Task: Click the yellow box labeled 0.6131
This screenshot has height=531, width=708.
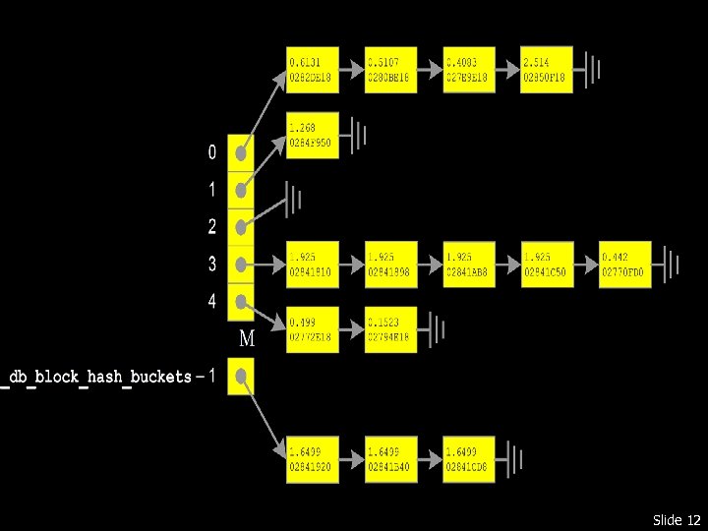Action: click(313, 70)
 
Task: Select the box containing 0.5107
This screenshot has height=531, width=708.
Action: click(391, 70)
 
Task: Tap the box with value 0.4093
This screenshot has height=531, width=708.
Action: click(469, 70)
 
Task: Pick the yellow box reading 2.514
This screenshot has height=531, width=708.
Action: click(547, 70)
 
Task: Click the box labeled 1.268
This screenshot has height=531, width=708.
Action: click(313, 136)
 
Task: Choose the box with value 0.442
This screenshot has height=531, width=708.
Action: click(625, 265)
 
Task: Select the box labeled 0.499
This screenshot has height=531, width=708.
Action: click(313, 330)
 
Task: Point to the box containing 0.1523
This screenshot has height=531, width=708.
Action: click(391, 330)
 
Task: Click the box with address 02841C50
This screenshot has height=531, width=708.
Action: click(547, 265)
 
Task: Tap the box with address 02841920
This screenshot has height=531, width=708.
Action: click(313, 459)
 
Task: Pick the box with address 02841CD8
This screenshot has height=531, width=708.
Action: click(469, 459)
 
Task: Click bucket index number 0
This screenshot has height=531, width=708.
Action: click(212, 152)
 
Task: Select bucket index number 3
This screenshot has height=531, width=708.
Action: click(212, 264)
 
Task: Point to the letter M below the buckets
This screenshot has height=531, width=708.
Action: click(247, 340)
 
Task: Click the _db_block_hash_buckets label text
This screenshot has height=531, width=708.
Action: click(98, 377)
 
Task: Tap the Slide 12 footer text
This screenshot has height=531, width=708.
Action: click(676, 519)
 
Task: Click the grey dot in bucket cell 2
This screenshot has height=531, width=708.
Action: click(241, 227)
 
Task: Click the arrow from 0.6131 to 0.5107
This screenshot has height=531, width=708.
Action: click(352, 70)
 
